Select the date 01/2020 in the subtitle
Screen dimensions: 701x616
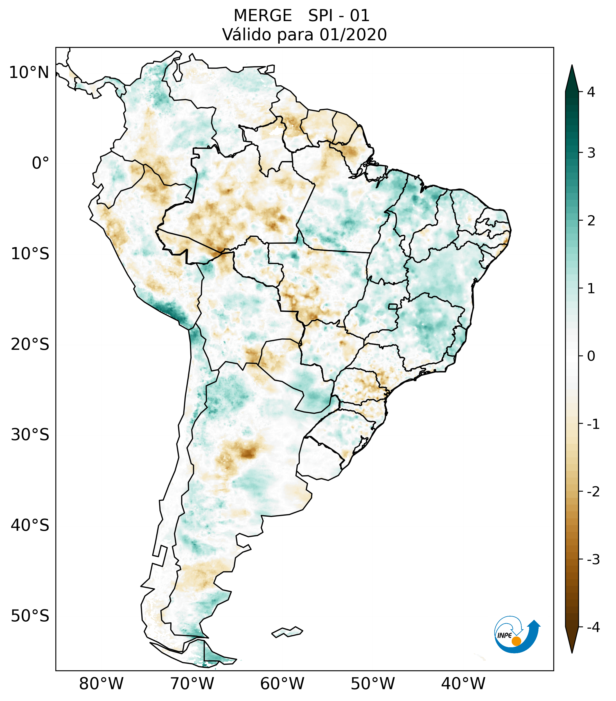click(x=353, y=35)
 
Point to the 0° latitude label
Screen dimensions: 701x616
click(x=40, y=163)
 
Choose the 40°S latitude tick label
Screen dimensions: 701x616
click(x=30, y=525)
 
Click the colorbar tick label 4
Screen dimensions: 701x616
click(x=591, y=92)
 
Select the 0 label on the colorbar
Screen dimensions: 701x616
click(x=591, y=356)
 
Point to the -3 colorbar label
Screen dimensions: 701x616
click(x=593, y=559)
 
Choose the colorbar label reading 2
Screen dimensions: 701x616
click(x=591, y=221)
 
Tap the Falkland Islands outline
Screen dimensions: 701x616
click(x=287, y=632)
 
